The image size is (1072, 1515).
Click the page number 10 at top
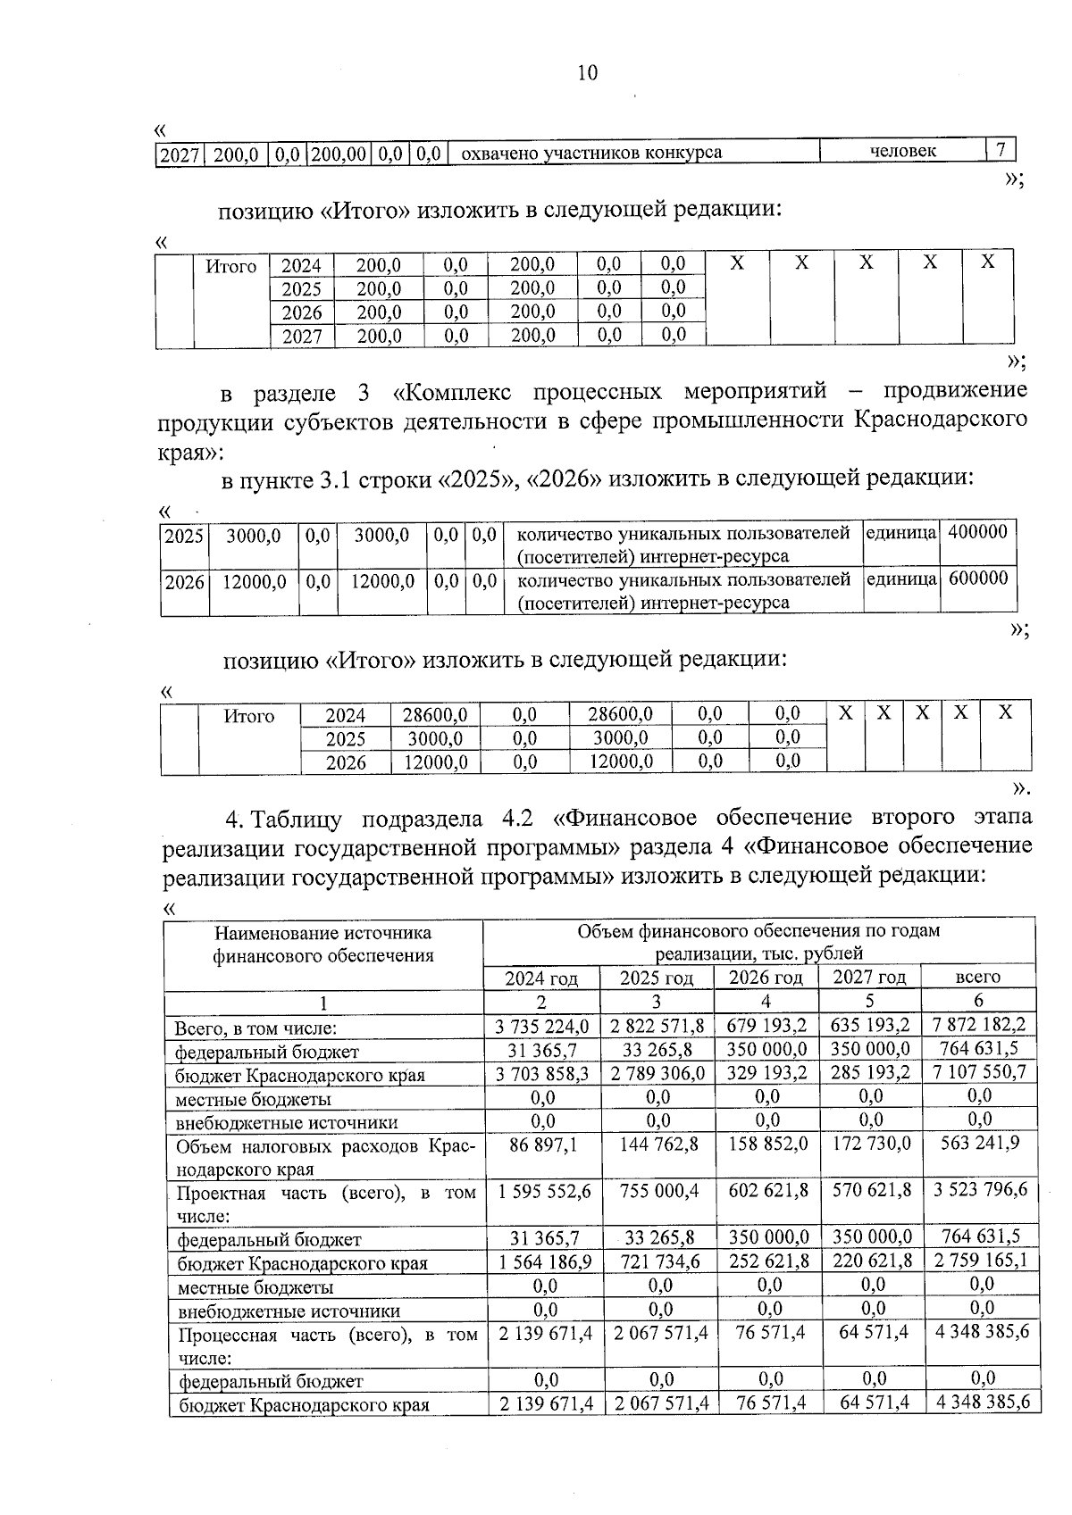(587, 73)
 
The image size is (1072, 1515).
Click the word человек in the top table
(903, 151)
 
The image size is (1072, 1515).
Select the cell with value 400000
(977, 533)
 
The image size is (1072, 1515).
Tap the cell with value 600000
(977, 579)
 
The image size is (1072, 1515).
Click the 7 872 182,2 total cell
(979, 1025)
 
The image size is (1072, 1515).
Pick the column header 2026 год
(766, 978)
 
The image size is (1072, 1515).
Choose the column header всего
(977, 977)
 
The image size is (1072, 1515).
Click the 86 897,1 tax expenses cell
(543, 1144)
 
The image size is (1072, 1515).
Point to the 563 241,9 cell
(979, 1144)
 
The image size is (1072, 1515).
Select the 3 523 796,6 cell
(979, 1190)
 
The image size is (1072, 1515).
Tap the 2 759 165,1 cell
(979, 1261)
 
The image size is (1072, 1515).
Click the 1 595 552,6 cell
(544, 1190)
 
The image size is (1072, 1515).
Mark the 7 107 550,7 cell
(979, 1072)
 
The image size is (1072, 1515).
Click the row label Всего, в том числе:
(255, 1028)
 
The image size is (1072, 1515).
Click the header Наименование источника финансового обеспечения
(322, 945)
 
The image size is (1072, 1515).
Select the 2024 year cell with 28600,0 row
(345, 715)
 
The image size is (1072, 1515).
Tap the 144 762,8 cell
(658, 1144)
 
